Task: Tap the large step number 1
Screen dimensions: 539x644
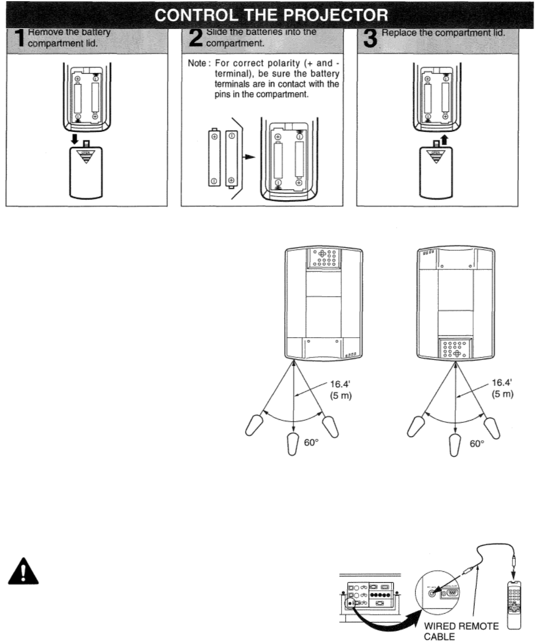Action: point(18,38)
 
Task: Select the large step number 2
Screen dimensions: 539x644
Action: point(195,38)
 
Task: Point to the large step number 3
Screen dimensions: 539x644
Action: point(370,38)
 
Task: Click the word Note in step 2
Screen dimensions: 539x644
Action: point(196,64)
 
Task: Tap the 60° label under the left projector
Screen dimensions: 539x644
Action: point(311,443)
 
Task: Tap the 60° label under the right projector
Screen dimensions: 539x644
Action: point(477,444)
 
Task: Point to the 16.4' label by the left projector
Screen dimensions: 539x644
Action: point(340,384)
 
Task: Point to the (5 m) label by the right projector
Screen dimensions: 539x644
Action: point(502,394)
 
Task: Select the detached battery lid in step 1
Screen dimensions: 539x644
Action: point(86,172)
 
